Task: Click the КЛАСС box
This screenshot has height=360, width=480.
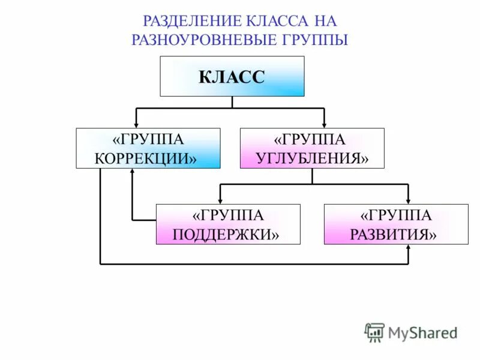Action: point(232,76)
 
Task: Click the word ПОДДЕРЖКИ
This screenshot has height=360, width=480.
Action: point(227,234)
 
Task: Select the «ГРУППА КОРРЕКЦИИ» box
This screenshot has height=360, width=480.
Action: point(148,148)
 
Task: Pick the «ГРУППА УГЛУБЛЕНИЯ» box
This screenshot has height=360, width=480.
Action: point(311,148)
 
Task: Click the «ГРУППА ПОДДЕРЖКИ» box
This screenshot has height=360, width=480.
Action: point(227,224)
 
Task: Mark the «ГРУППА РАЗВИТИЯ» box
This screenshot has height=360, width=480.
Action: point(396,224)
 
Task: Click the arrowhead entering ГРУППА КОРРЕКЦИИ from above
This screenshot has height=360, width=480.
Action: point(137,124)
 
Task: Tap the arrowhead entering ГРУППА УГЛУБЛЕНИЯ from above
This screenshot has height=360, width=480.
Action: point(324,124)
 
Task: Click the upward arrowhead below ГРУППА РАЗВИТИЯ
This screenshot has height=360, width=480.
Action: point(408,248)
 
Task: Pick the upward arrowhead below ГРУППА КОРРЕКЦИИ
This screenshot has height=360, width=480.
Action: point(132,172)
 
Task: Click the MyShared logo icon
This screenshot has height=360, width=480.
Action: point(374,332)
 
